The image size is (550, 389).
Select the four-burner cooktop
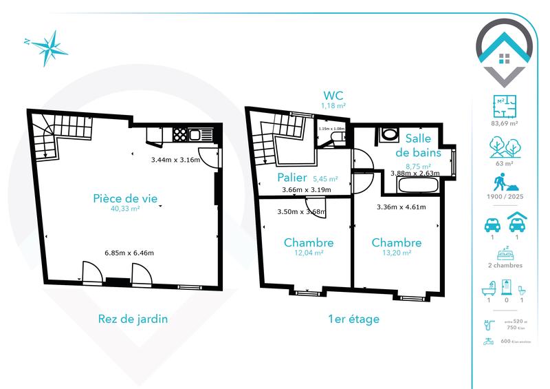tap(179, 134)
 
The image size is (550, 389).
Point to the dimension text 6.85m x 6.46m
tap(129, 253)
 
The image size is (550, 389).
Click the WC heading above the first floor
tap(333, 95)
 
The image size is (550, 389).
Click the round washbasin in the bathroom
tap(388, 134)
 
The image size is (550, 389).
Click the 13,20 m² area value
tap(397, 253)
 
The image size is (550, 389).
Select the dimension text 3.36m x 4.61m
tap(401, 207)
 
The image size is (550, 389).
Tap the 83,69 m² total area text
tap(505, 124)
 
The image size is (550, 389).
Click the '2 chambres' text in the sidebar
tap(505, 265)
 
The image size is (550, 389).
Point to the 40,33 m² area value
tap(125, 209)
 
